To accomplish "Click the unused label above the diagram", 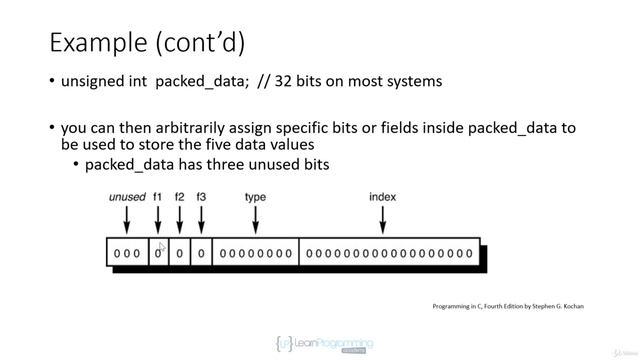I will pyautogui.click(x=127, y=197).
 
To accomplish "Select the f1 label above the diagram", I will pyautogui.click(x=158, y=197).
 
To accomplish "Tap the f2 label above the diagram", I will pyautogui.click(x=180, y=197).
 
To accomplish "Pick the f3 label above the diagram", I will pyautogui.click(x=201, y=197).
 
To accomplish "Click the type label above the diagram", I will pyautogui.click(x=255, y=197).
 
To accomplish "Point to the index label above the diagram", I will pyautogui.click(x=382, y=197).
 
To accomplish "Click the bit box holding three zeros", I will pyautogui.click(x=127, y=253).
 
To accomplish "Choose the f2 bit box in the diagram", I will pyautogui.click(x=180, y=253).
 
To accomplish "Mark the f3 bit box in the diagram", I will pyautogui.click(x=201, y=253).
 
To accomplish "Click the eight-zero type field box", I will pyautogui.click(x=256, y=253).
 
